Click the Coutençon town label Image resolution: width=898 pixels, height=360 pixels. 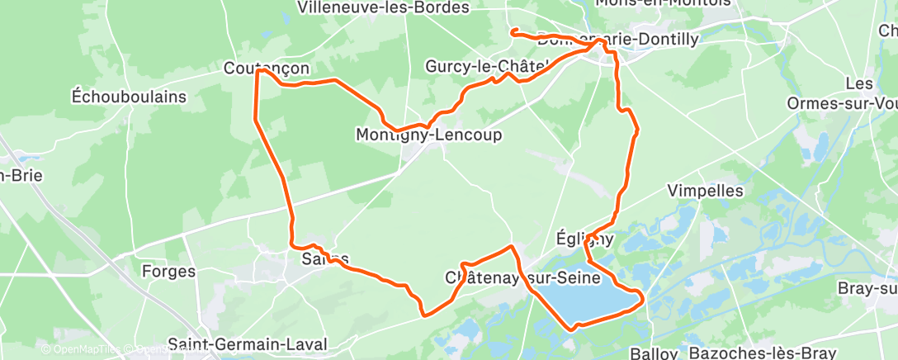[x=267, y=69]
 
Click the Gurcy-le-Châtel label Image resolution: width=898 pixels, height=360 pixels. [x=487, y=66]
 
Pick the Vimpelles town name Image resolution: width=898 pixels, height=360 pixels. [x=706, y=191]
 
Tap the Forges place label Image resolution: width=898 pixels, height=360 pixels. [x=168, y=271]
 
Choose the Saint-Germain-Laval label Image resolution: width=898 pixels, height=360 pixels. [x=247, y=343]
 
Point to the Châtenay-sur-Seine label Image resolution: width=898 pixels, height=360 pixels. [x=522, y=277]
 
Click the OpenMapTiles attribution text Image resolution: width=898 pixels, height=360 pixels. [x=80, y=349]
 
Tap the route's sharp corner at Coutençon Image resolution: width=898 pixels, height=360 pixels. [x=258, y=71]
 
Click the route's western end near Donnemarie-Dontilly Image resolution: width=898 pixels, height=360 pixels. [x=513, y=31]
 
